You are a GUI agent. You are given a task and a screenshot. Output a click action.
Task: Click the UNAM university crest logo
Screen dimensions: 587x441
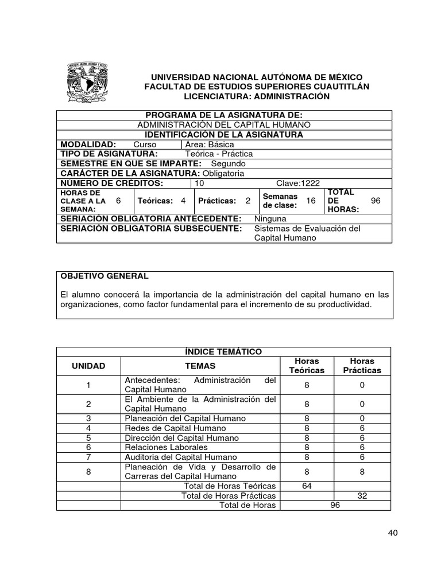87,82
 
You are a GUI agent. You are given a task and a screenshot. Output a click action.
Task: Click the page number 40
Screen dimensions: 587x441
393,533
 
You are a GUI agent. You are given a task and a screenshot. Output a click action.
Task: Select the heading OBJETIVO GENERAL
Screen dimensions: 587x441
105,276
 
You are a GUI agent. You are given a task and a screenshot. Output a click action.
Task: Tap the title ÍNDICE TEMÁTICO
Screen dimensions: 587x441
223,351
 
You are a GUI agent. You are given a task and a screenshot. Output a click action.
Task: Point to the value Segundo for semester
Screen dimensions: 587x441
228,163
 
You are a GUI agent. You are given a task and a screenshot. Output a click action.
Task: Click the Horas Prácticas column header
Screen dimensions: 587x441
362,366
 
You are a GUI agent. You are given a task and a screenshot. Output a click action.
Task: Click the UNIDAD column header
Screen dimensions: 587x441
88,366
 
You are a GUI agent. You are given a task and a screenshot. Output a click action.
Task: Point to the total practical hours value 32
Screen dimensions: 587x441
362,496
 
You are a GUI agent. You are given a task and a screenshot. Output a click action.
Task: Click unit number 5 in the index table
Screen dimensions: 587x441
88,437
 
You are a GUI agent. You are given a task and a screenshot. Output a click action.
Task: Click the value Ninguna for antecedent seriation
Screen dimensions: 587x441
270,218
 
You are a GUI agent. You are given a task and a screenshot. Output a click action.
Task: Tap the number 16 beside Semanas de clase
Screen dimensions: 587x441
311,201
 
